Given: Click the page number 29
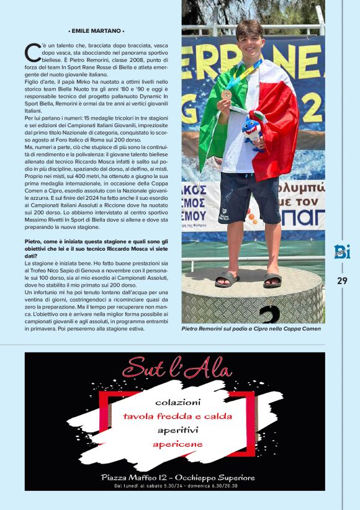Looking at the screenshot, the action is pyautogui.click(x=342, y=280).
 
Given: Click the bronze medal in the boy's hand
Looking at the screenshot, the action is pyautogui.click(x=227, y=94).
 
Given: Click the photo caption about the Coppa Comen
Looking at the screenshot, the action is pyautogui.click(x=251, y=329).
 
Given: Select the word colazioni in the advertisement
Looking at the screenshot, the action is pyautogui.click(x=178, y=401).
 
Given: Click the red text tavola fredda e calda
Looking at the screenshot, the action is pyautogui.click(x=178, y=416).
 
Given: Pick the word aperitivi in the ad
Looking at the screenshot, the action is pyautogui.click(x=178, y=430).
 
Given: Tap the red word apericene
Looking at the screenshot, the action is pyautogui.click(x=178, y=444).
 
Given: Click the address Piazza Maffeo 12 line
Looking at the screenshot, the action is pyautogui.click(x=178, y=477).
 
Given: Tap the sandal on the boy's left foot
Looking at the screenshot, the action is pyautogui.click(x=272, y=280).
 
